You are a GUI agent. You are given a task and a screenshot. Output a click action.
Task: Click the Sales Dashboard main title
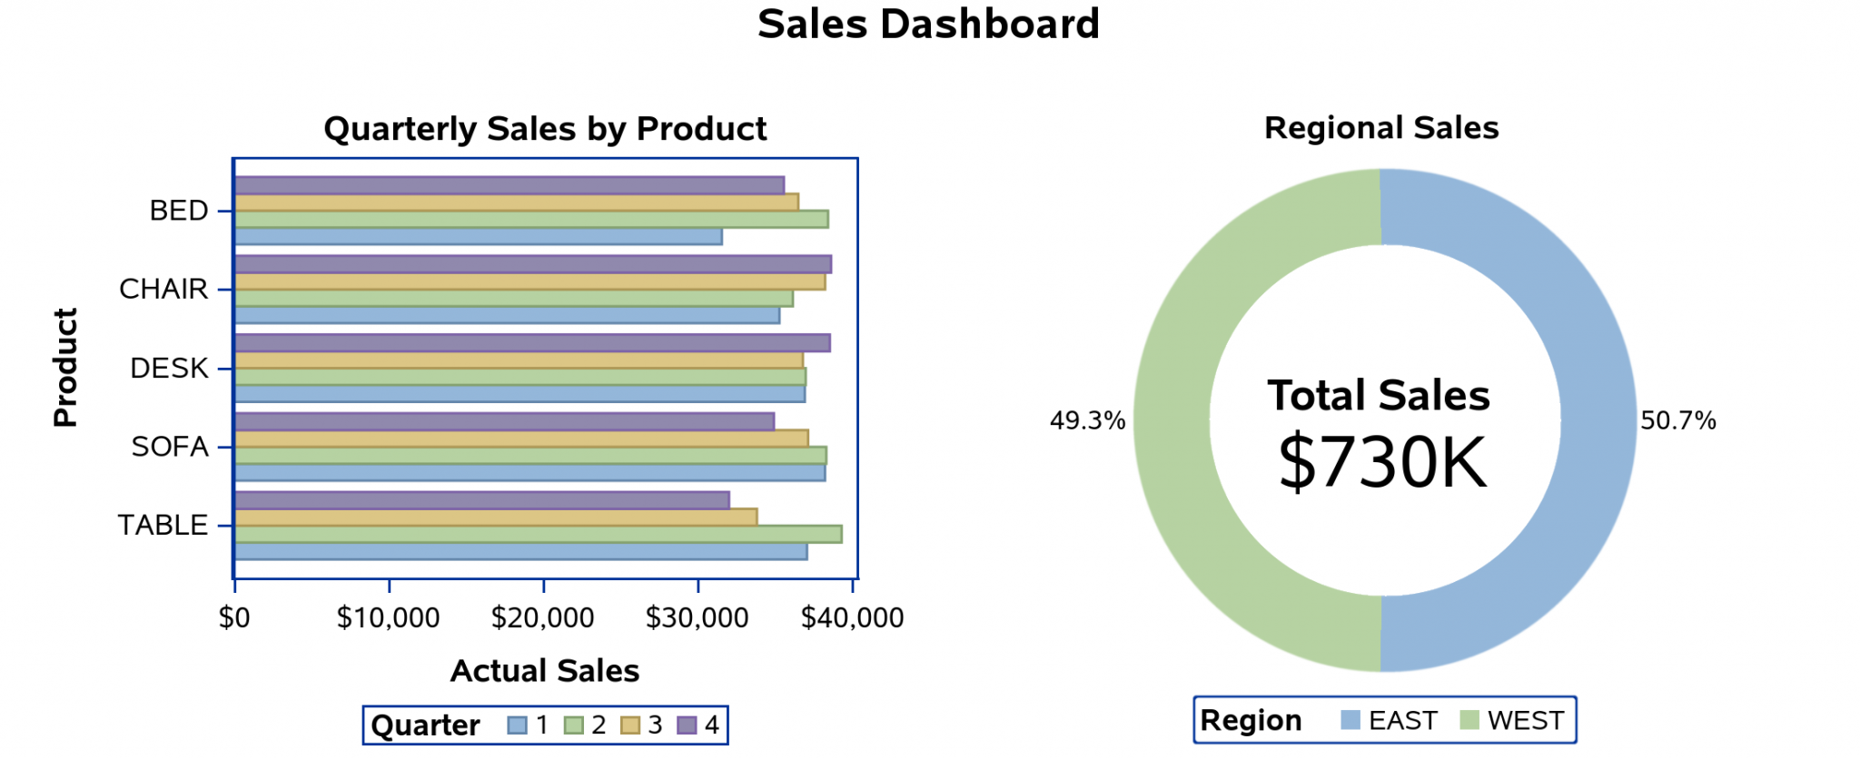[x=928, y=25]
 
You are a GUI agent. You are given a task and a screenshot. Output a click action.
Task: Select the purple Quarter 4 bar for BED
[x=509, y=185]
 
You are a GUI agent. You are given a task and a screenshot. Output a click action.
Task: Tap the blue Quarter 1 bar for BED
[x=478, y=237]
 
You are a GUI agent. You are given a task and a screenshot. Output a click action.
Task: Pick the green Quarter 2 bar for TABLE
[x=538, y=534]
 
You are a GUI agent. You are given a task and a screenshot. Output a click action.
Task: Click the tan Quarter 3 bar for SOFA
[x=521, y=439]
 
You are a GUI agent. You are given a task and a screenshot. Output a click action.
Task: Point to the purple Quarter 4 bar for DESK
[x=532, y=343]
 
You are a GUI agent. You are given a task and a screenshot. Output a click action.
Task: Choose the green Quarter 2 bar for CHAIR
[x=513, y=299]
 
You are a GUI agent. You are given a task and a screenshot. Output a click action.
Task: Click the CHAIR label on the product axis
[x=163, y=290]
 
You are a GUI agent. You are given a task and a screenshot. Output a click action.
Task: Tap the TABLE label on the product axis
[x=163, y=526]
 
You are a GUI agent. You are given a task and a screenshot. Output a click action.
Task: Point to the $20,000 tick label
[x=542, y=618]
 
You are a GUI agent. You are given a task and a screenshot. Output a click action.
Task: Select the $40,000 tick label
[x=852, y=618]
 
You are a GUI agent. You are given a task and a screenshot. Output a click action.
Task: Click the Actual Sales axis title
[x=545, y=671]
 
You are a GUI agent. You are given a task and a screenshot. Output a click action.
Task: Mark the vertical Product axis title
[x=65, y=368]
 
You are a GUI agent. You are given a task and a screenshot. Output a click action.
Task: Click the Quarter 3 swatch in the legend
[x=629, y=725]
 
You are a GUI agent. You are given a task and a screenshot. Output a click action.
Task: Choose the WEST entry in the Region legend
[x=1512, y=721]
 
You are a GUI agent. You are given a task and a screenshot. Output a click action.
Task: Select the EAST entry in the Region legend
[x=1390, y=721]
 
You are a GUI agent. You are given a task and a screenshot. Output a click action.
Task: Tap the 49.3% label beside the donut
[x=1087, y=421]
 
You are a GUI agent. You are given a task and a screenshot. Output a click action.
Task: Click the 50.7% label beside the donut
[x=1678, y=421]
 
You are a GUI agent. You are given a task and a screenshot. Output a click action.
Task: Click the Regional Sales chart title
[x=1381, y=129]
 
